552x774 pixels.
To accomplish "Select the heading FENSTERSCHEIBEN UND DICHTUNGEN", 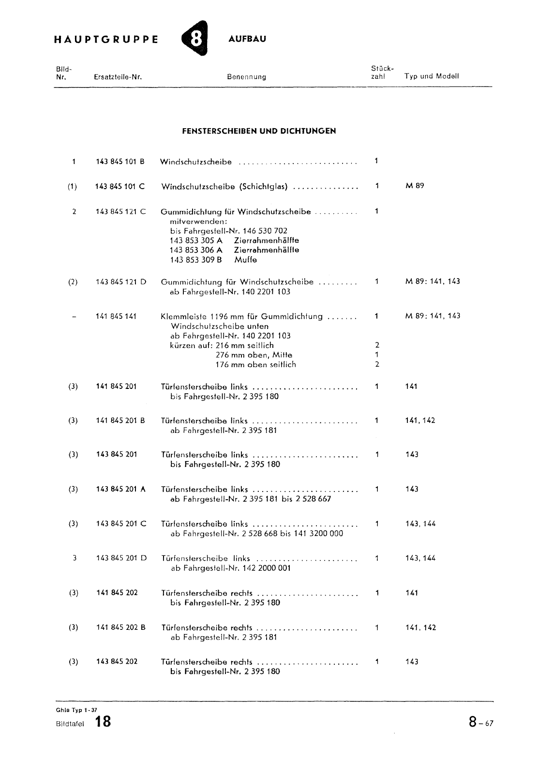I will pyautogui.click(x=259, y=131).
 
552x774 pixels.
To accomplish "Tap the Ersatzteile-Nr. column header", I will pyautogui.click(x=118, y=76).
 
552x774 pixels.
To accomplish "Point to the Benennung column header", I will pyautogui.click(x=246, y=76).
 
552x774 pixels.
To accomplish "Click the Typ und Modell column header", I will pyautogui.click(x=432, y=76).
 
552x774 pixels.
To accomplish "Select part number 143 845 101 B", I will pyautogui.click(x=120, y=162).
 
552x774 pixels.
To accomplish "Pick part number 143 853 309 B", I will pyautogui.click(x=196, y=260).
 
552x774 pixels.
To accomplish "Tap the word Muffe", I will pyautogui.click(x=245, y=260).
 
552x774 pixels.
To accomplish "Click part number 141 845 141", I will pyautogui.click(x=116, y=316).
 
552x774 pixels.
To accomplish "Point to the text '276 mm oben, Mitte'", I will pyautogui.click(x=254, y=355).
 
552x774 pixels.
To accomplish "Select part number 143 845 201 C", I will pyautogui.click(x=121, y=524).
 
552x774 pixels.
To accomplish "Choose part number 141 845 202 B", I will pyautogui.click(x=120, y=628).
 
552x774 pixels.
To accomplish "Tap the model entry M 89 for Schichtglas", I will pyautogui.click(x=415, y=186).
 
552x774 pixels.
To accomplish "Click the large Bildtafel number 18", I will pyautogui.click(x=103, y=722).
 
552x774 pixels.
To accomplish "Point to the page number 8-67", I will pyautogui.click(x=481, y=723).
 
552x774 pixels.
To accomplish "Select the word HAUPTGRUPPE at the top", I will pyautogui.click(x=106, y=40).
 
